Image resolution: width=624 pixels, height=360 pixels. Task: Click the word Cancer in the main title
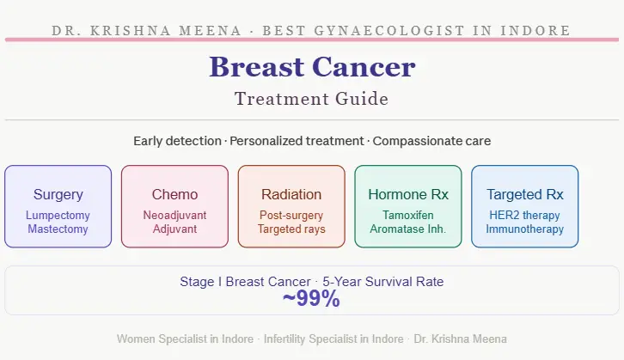[x=366, y=67]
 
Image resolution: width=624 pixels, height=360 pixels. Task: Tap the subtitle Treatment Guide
[x=311, y=99]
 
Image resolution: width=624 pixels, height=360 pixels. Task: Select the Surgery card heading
[x=58, y=194]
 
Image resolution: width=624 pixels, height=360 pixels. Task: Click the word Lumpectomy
[x=58, y=216]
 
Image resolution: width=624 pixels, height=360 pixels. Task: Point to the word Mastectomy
[x=58, y=229]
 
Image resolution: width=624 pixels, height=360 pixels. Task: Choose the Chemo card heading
[x=174, y=194]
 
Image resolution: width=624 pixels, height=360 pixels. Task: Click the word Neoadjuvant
[x=174, y=216]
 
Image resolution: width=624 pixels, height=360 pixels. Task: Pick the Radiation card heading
[x=291, y=194]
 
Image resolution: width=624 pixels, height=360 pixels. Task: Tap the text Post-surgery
[x=291, y=216]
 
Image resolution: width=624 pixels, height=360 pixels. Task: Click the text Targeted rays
[x=291, y=229]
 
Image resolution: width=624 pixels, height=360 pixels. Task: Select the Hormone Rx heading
[x=408, y=194]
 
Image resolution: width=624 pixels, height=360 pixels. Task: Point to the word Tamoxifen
[x=408, y=216]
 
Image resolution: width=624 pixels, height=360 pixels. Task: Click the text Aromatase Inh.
[x=408, y=229]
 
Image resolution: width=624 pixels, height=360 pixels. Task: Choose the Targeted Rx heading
[x=524, y=194]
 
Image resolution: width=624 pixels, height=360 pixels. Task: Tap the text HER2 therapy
[x=524, y=216]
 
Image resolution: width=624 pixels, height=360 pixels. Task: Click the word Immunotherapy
[x=524, y=229]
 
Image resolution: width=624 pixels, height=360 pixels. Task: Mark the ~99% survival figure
[x=311, y=299]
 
